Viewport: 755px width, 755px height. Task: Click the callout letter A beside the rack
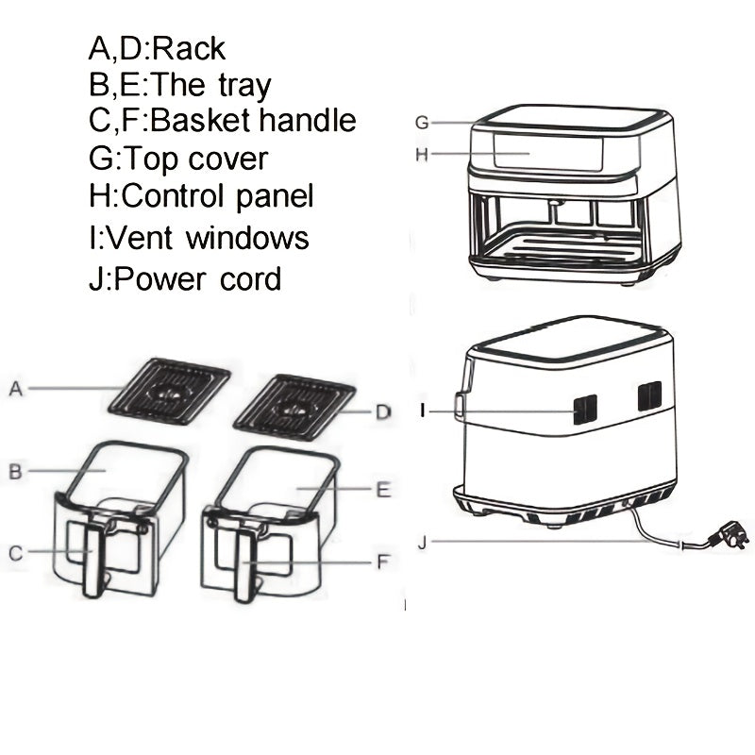15,388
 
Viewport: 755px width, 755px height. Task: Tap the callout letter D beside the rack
382,411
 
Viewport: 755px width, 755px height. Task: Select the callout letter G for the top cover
423,123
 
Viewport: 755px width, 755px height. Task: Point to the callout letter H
423,153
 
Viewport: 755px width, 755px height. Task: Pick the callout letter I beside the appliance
424,411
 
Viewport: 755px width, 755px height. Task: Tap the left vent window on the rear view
585,407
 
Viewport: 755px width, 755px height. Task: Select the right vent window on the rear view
648,395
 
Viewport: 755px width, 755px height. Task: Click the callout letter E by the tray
382,490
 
